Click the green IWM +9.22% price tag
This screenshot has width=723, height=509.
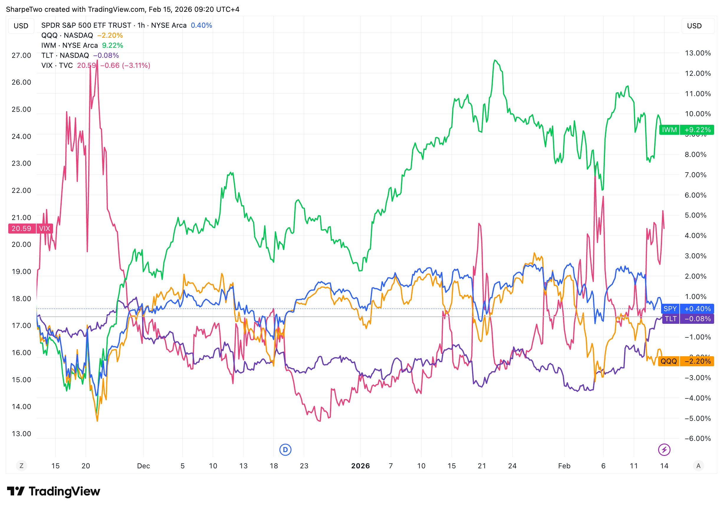(686, 130)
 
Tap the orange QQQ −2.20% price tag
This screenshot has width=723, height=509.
(686, 361)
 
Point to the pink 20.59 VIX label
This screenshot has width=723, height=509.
(30, 228)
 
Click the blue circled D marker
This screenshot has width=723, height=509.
(285, 449)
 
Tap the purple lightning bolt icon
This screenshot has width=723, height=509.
(664, 449)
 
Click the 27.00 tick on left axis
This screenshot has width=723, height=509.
(22, 55)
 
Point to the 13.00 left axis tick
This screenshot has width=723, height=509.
(22, 434)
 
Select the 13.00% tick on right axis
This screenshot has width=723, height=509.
(698, 53)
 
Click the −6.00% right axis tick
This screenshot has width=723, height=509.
(698, 439)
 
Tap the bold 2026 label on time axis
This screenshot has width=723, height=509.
(361, 466)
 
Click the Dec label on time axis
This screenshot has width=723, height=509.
(144, 466)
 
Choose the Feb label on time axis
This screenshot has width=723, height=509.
(564, 466)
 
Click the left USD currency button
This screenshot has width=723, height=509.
(21, 26)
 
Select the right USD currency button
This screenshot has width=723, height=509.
(694, 26)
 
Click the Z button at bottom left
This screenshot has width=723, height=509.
(22, 466)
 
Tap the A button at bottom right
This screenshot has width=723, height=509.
(699, 466)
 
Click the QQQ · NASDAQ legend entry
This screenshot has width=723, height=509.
(67, 35)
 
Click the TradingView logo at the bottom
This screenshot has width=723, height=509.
(54, 491)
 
